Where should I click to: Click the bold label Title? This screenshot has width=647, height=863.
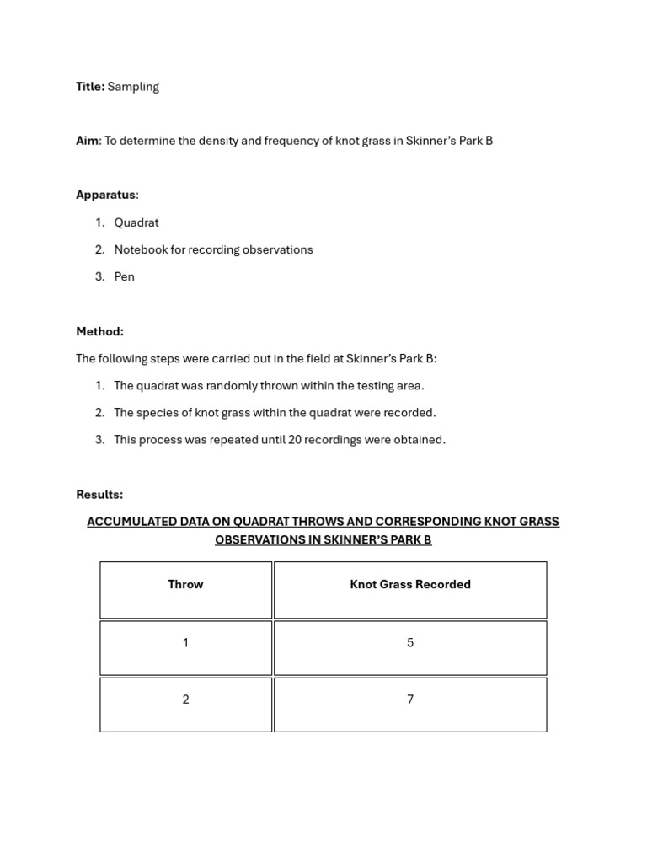(90, 87)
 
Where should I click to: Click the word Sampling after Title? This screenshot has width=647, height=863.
(133, 87)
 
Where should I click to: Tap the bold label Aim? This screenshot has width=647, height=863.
(87, 141)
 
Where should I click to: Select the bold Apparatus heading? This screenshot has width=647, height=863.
(105, 195)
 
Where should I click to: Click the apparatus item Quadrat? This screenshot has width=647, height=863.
(136, 222)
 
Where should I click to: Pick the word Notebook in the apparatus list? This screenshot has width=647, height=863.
(140, 249)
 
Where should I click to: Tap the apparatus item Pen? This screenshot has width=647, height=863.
(125, 276)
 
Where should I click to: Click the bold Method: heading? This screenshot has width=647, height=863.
(99, 332)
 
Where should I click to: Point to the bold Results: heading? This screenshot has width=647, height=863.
(99, 495)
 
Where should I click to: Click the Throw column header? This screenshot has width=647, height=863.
(185, 584)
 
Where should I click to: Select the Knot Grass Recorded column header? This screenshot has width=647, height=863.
(410, 584)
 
